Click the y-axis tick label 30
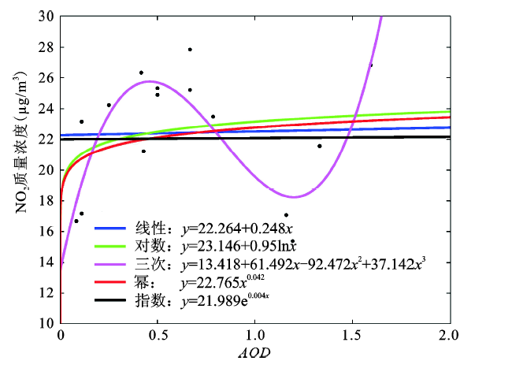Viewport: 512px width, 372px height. (x=46, y=16)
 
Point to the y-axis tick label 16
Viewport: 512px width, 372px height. (x=46, y=231)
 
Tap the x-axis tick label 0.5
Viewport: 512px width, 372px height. (x=157, y=336)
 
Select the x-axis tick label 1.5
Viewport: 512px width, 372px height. (x=352, y=336)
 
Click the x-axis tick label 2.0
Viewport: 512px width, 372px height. (x=449, y=336)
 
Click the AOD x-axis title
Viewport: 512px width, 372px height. (x=254, y=354)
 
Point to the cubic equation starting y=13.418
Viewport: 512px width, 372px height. (x=303, y=264)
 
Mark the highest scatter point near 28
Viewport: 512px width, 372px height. (x=190, y=50)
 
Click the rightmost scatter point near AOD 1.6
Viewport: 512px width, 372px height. (x=371, y=65)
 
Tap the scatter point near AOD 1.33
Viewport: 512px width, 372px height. (x=320, y=146)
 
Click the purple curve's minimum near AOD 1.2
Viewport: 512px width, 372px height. (x=294, y=196)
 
